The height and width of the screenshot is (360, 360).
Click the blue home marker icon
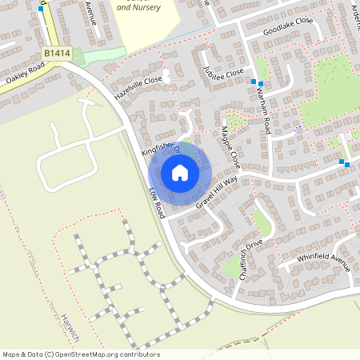click(179, 172)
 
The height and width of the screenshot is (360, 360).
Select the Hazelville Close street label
click(138, 86)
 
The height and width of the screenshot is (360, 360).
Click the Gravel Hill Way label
click(216, 194)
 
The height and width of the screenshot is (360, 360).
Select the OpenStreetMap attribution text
click(81, 354)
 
